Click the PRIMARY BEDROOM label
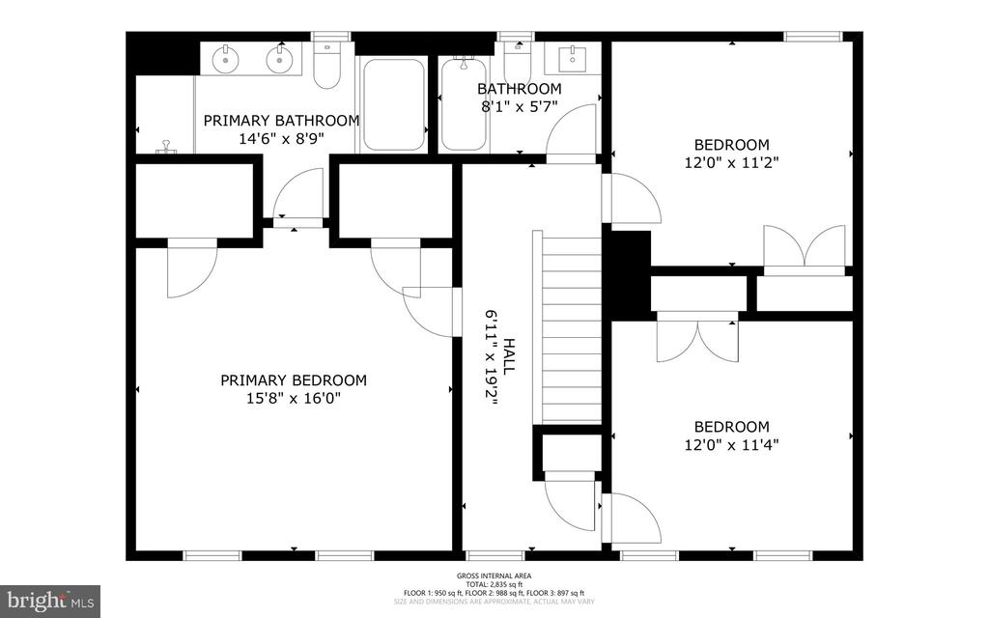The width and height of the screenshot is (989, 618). pos(294,380)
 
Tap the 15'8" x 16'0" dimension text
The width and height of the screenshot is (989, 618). pos(294,398)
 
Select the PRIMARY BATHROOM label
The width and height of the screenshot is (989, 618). pos(281,121)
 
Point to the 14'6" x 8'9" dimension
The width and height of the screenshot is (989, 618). pos(281,139)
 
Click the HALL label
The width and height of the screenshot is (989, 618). pos(508,356)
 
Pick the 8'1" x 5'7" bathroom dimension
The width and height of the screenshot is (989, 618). pos(519,106)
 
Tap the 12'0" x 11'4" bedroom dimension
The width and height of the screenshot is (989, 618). pos(731,445)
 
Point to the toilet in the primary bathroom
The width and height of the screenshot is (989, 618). pos(327,64)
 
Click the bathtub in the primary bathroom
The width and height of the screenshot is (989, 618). pos(394,104)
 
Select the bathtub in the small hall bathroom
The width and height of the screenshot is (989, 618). pos(464,104)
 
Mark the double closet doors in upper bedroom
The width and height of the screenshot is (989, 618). pos(804,247)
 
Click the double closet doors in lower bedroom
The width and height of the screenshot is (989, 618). pos(696,340)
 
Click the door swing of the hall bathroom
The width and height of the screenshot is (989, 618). pos(574,130)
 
